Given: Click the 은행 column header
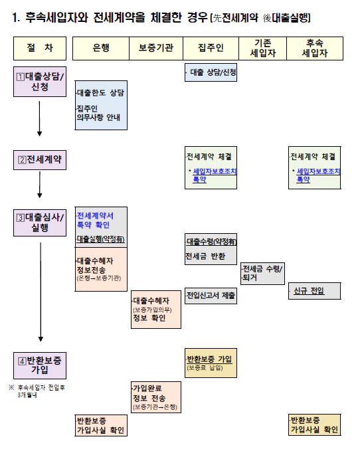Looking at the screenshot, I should (100, 48).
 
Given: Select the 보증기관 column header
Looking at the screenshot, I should (156, 48).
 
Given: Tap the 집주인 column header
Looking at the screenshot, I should (211, 48).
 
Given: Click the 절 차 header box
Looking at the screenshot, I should (40, 48).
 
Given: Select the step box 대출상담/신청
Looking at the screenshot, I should (40, 80).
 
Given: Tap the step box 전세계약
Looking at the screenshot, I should (40, 159).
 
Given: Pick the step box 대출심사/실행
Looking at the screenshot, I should (40, 222).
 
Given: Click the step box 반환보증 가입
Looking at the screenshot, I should (40, 364).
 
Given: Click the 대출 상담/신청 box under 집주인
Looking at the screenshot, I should (211, 72).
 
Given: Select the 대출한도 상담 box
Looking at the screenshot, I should (100, 105).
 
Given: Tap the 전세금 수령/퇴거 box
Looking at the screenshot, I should (262, 273).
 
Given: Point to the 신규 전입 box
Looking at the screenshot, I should (315, 291).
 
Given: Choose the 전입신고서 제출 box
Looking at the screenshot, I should (211, 295).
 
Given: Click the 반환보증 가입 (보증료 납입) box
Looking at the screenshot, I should (211, 362).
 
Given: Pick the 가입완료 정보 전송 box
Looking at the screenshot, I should (156, 397).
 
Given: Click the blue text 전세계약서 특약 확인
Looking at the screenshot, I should (96, 221).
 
